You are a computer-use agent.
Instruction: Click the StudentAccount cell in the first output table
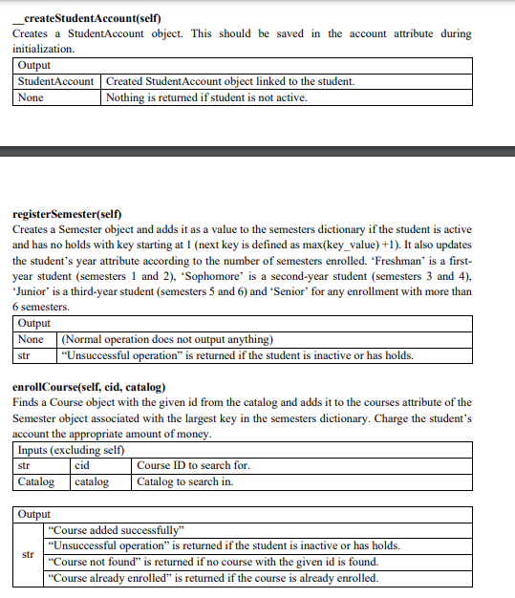[56, 81]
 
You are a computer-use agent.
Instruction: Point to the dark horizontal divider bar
[257, 151]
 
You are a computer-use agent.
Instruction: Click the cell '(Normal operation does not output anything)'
[167, 340]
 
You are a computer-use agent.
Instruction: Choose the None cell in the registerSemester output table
[32, 340]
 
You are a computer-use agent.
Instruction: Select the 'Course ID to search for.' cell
[194, 465]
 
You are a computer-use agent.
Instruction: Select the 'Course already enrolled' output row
[212, 578]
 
